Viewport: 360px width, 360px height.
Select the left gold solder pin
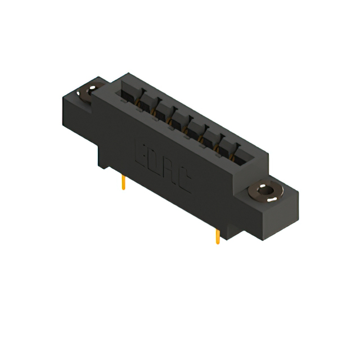[123, 182]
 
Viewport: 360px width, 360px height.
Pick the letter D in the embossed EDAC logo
[155, 161]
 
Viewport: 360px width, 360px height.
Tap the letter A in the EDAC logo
[169, 172]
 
